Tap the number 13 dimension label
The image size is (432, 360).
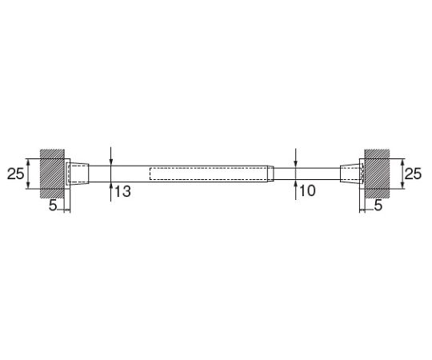tap(122, 192)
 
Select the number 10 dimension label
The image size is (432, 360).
tap(307, 192)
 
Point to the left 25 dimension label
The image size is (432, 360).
tap(15, 174)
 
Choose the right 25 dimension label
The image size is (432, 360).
tap(412, 174)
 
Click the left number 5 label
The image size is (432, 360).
tap(52, 206)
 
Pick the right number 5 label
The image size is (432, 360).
tap(378, 206)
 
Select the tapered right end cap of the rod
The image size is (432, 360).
tap(350, 174)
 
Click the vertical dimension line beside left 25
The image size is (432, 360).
tap(29, 174)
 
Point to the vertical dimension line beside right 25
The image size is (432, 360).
tap(399, 174)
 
